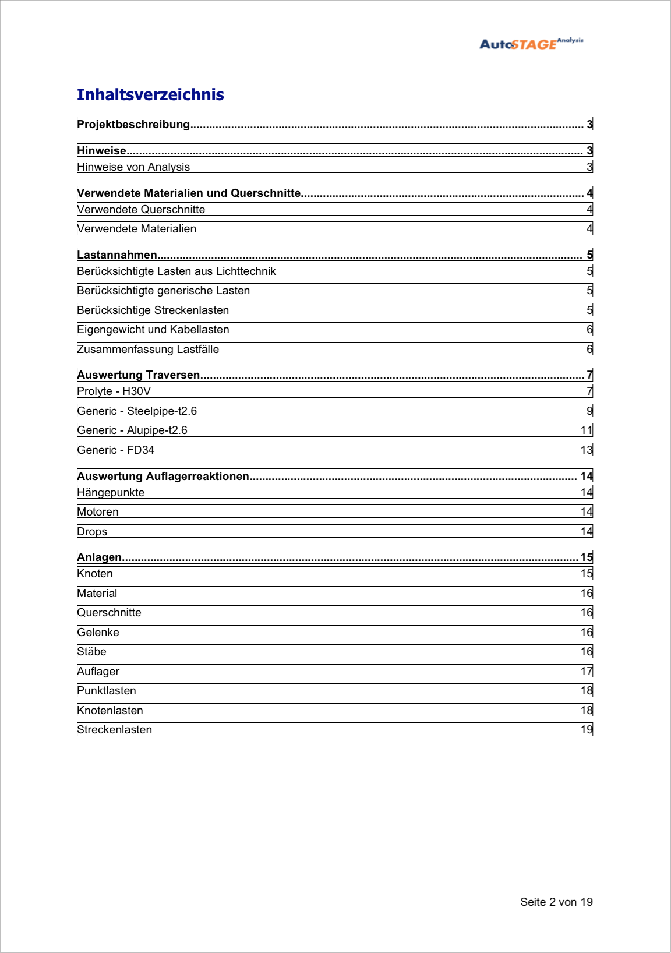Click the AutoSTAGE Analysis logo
[x=531, y=44]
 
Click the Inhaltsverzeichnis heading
[x=150, y=95]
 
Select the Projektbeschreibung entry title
[x=133, y=124]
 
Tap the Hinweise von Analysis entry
[x=133, y=167]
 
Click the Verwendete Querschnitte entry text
[x=141, y=210]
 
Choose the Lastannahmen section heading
[x=117, y=255]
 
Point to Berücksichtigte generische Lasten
[x=163, y=291]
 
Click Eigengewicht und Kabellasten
[x=153, y=330]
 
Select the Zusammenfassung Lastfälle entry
[x=148, y=350]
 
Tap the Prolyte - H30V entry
[x=114, y=391]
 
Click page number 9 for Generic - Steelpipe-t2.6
[x=589, y=411]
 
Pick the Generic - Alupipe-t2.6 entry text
[x=132, y=430]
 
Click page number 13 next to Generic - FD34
[x=587, y=450]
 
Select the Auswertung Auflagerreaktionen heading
[x=163, y=476]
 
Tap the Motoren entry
[x=98, y=512]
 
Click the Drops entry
[x=92, y=532]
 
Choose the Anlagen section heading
[x=100, y=557]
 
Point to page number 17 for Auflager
[x=587, y=672]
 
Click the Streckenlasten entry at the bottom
[x=114, y=730]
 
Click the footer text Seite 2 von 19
[x=556, y=902]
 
